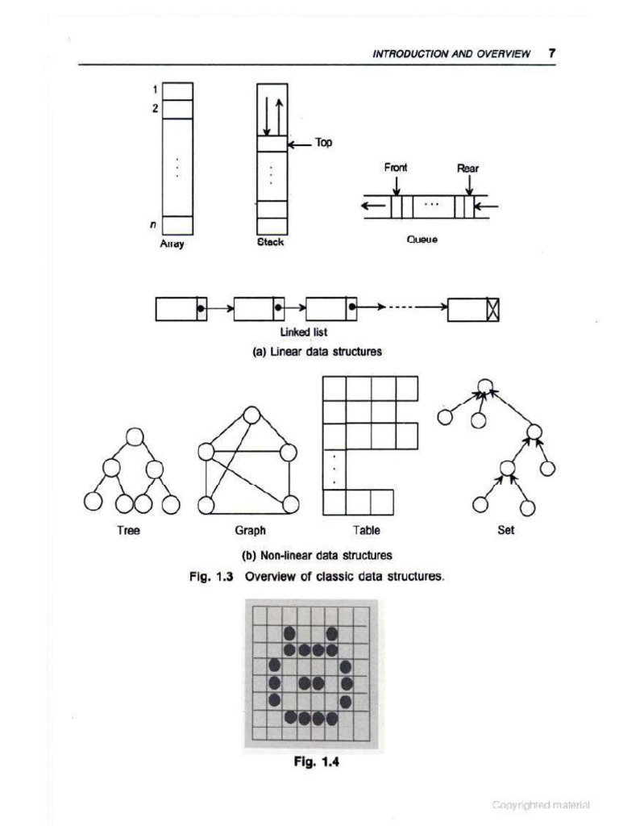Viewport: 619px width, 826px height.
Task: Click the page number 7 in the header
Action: [x=552, y=53]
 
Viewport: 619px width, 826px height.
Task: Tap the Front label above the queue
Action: [x=396, y=168]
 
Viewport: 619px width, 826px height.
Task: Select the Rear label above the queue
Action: [x=468, y=169]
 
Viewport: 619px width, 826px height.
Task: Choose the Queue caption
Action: [x=422, y=240]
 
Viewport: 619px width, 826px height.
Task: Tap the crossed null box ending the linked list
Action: [x=493, y=310]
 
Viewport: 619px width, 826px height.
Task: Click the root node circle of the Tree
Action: [x=135, y=437]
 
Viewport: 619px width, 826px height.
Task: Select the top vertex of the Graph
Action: [x=251, y=415]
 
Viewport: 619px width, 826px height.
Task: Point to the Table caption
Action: [x=366, y=531]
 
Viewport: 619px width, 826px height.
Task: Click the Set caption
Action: [x=506, y=531]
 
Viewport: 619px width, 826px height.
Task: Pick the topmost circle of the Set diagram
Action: [x=484, y=386]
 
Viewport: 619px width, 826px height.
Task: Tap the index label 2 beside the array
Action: [x=154, y=109]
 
